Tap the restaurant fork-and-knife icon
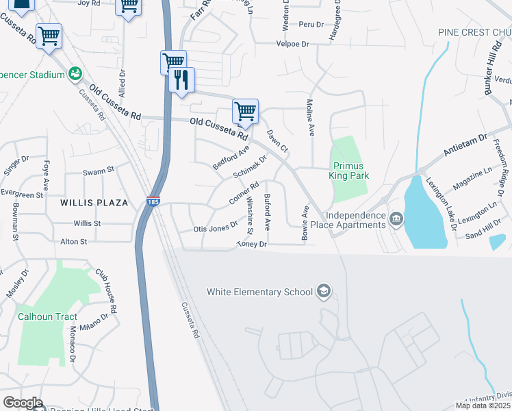181,80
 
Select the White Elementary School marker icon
324,292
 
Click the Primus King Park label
350,171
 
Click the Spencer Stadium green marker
75,73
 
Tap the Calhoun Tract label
48,316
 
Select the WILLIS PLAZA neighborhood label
94,203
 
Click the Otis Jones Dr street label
215,228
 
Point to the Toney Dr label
251,244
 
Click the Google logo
23,403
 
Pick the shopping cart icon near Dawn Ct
245,111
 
